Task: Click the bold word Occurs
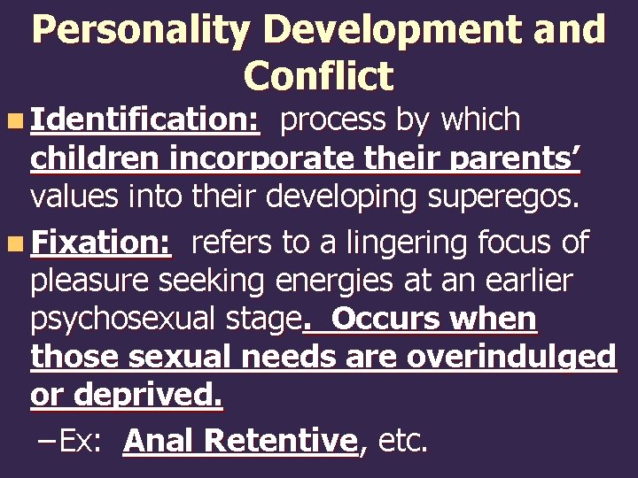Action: pos(388,319)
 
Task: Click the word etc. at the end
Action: pos(402,440)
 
